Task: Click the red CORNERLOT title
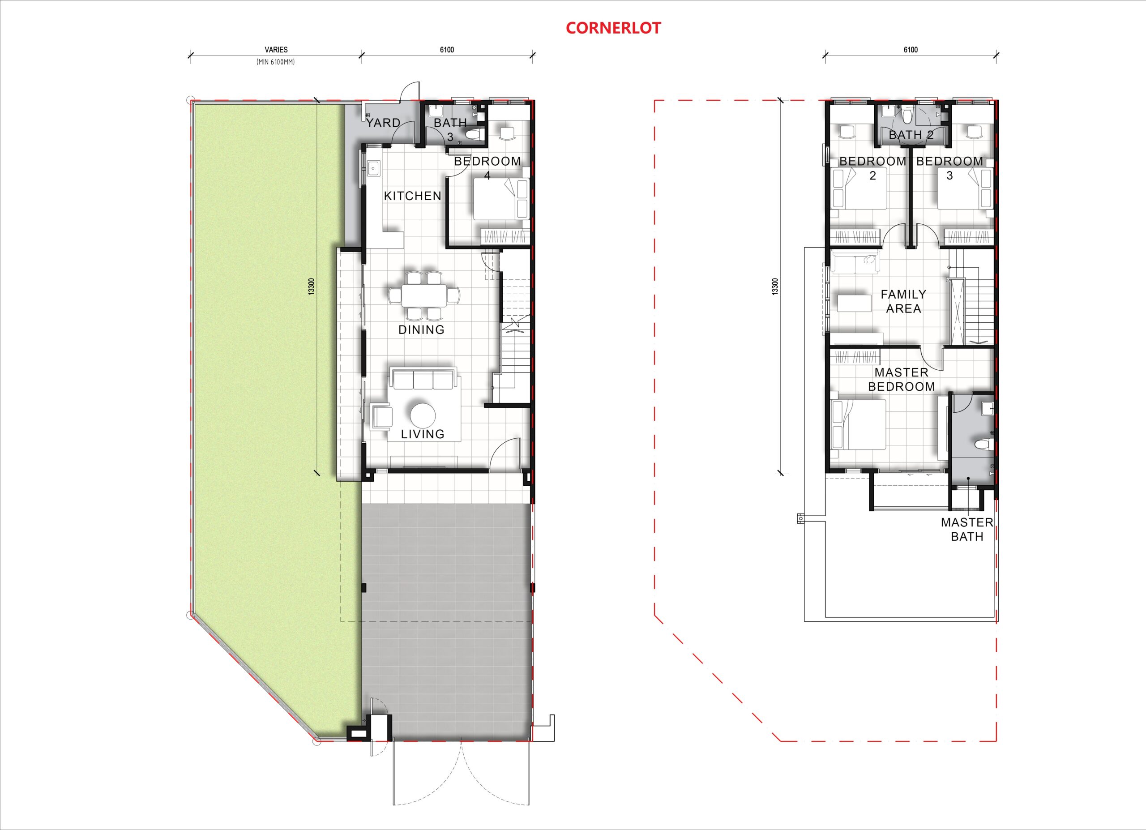(x=613, y=28)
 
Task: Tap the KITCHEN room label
(x=413, y=196)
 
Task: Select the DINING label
(x=421, y=330)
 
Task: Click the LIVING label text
(x=423, y=434)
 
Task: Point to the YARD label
(x=383, y=123)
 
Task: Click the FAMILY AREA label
(x=903, y=302)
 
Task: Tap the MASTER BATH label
(x=967, y=530)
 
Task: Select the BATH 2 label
(x=911, y=135)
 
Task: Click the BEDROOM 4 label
(x=487, y=168)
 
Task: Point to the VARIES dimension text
(x=276, y=50)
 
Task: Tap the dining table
(x=424, y=295)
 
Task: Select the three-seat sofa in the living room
(x=423, y=379)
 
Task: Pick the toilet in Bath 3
(x=474, y=135)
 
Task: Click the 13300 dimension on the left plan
(x=312, y=287)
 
